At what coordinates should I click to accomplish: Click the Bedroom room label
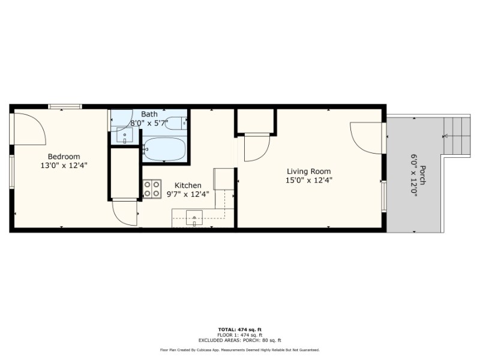[64, 157]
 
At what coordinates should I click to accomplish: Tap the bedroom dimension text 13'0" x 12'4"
[64, 165]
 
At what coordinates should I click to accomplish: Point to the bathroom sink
[125, 136]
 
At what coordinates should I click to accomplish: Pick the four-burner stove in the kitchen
[152, 189]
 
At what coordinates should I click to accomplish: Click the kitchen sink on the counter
[194, 217]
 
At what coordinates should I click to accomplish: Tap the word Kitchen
[188, 185]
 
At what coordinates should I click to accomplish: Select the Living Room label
[308, 171]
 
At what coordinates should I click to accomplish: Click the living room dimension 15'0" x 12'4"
[308, 179]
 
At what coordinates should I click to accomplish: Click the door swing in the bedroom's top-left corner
[30, 127]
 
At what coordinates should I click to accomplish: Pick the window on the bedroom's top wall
[65, 107]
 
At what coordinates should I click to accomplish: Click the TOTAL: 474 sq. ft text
[239, 329]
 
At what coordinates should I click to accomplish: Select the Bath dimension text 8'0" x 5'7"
[149, 123]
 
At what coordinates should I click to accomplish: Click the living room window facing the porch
[383, 196]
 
